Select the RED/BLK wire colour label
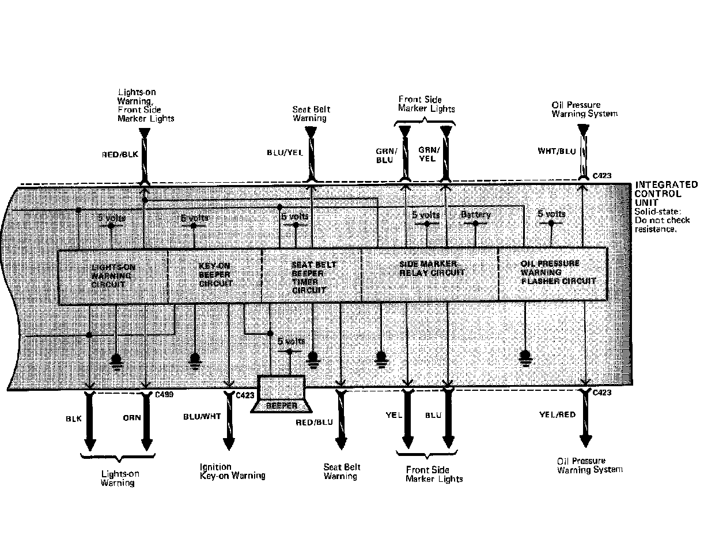[120, 154]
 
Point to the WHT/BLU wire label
[557, 152]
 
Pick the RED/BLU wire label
[315, 423]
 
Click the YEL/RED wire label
[557, 414]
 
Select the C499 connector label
[164, 395]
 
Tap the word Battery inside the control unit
[475, 215]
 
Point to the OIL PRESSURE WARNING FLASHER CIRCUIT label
[558, 272]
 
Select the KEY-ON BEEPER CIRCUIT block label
[215, 275]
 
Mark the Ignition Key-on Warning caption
[232, 472]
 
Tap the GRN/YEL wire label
[427, 154]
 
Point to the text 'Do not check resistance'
[662, 224]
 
